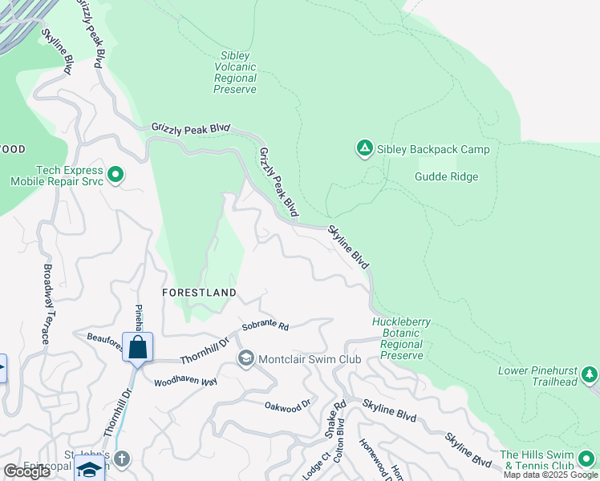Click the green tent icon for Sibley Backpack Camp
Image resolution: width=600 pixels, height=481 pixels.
click(x=364, y=148)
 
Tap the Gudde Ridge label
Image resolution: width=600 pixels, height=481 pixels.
click(x=447, y=176)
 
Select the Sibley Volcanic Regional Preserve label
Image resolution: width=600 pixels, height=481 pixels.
click(x=235, y=72)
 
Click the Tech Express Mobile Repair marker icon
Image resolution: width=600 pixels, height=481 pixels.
click(x=115, y=174)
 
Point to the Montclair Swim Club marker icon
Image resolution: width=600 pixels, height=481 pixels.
click(x=246, y=358)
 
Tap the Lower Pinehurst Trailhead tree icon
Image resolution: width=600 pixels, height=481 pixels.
click(x=590, y=374)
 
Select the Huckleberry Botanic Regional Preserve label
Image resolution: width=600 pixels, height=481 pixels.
click(x=402, y=338)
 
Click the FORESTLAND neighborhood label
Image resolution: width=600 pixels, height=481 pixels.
click(x=199, y=293)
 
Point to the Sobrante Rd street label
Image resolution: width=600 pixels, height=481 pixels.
click(x=265, y=327)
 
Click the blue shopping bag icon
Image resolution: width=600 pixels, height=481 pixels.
click(x=137, y=347)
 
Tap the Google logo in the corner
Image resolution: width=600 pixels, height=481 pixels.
click(x=26, y=471)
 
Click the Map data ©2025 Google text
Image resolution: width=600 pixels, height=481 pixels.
click(x=550, y=475)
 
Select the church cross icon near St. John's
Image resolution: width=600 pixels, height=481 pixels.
click(x=121, y=459)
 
